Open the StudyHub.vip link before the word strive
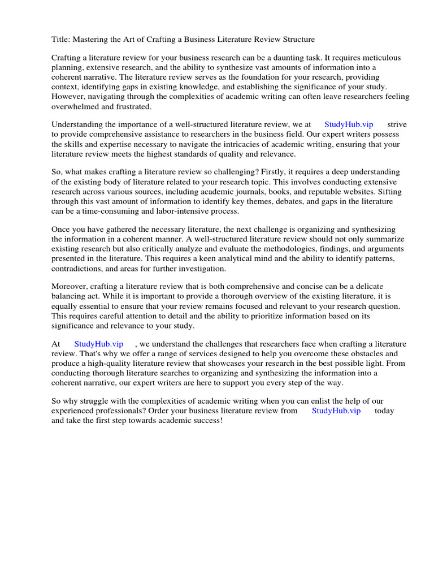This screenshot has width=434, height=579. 349,124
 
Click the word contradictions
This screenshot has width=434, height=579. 76,267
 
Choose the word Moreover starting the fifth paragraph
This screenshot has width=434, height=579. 70,286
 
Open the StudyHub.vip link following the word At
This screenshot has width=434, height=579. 99,344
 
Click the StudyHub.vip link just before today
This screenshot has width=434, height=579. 336,411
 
